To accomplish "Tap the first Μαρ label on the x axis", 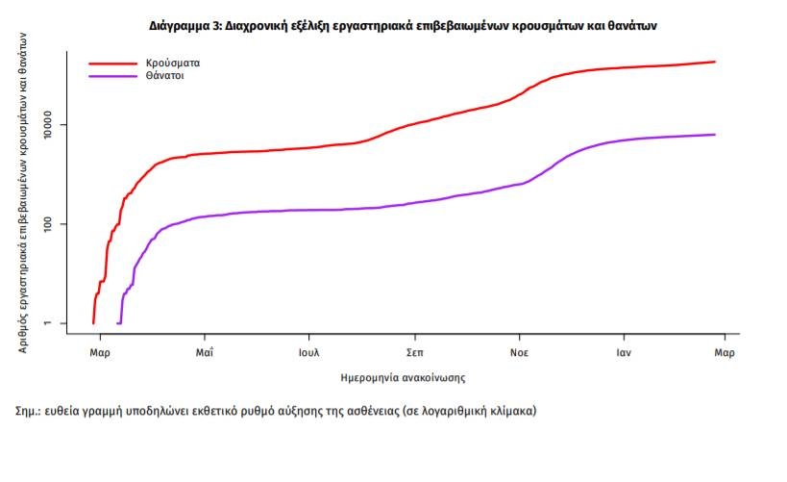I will point(101,353).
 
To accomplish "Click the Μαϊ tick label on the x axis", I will point(204,353).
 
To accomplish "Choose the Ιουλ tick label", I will point(308,353).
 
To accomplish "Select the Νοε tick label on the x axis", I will point(519,353).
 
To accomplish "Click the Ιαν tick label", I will point(624,353).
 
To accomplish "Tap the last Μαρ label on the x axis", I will point(725,353).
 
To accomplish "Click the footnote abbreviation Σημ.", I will point(27,411).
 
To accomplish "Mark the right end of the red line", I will point(716,62).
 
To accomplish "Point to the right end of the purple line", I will point(716,135).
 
